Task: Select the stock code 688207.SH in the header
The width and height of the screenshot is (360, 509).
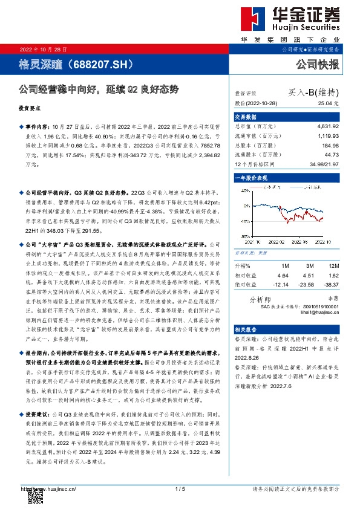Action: pyautogui.click(x=101, y=62)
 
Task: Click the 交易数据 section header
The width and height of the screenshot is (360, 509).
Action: pyautogui.click(x=246, y=117)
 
